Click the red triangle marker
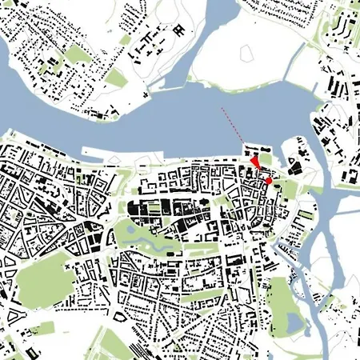254,163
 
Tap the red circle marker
269,182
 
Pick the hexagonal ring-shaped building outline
177,30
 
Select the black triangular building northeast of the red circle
294,167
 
